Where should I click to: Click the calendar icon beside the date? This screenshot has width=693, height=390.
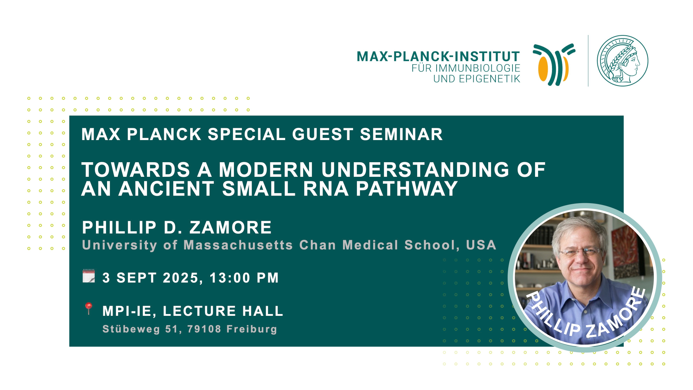(x=89, y=276)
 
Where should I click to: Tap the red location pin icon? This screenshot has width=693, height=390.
(x=88, y=309)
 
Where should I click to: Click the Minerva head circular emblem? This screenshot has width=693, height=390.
(x=623, y=61)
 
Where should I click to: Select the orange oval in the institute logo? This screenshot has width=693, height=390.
(x=543, y=68)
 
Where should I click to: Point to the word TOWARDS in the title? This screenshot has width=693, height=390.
(x=136, y=170)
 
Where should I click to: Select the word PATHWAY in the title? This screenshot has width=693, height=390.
(x=407, y=189)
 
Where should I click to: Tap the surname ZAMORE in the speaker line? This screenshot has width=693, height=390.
(x=230, y=228)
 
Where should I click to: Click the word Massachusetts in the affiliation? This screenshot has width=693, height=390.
(x=238, y=245)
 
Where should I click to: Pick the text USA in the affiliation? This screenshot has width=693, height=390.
(x=481, y=245)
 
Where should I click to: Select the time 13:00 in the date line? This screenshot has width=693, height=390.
(x=230, y=278)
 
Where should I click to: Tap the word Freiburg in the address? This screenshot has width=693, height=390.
(x=252, y=329)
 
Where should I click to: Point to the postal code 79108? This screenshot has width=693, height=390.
(x=204, y=329)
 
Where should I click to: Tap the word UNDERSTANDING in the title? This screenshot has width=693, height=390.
(x=415, y=170)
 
